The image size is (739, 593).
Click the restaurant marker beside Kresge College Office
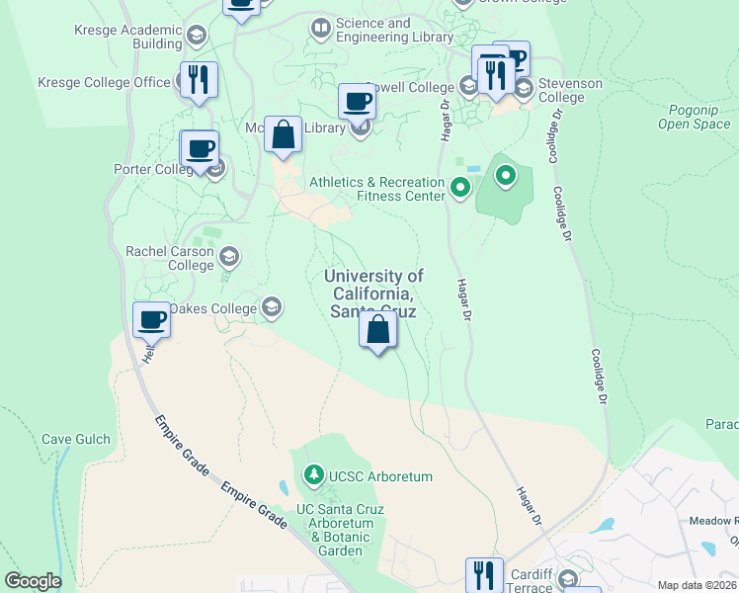(x=200, y=80)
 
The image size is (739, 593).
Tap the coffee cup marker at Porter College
(x=200, y=149)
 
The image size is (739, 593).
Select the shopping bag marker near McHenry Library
(x=283, y=134)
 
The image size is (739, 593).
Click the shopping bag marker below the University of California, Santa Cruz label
(x=377, y=329)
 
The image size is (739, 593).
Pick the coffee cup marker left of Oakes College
(x=152, y=320)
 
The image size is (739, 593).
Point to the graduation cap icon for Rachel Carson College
(x=229, y=258)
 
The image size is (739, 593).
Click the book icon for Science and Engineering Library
(x=320, y=30)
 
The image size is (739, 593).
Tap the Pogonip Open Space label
(x=694, y=117)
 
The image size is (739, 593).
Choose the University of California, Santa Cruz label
(x=373, y=294)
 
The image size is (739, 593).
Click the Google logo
(x=33, y=581)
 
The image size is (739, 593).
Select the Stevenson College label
(x=570, y=90)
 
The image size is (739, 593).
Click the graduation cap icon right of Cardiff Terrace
(x=568, y=578)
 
